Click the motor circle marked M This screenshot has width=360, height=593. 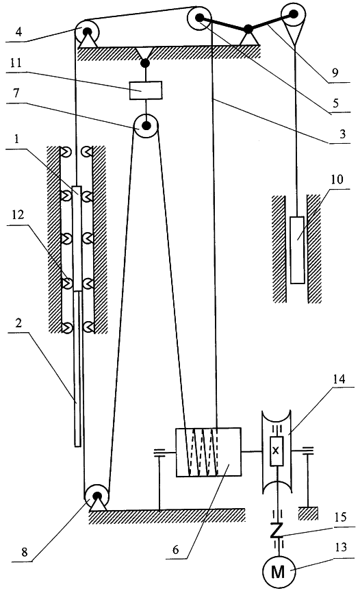[278, 572]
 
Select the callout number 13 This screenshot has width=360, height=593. [341, 547]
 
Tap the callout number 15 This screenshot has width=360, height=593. [341, 517]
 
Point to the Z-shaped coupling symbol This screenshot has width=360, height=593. [277, 530]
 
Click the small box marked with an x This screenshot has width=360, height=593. [277, 451]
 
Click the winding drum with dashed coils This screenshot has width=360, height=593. [208, 452]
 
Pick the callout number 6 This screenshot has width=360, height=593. [176, 548]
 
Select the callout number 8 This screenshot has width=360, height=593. [25, 552]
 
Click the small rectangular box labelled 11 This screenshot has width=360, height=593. [146, 90]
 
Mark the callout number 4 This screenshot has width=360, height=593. [18, 31]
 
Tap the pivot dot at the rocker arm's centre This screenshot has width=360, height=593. [248, 29]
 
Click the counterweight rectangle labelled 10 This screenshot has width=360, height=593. [297, 250]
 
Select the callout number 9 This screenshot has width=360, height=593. [335, 73]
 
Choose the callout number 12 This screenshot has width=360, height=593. [17, 214]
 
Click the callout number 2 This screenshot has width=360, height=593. [18, 323]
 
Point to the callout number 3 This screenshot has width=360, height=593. [342, 134]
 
